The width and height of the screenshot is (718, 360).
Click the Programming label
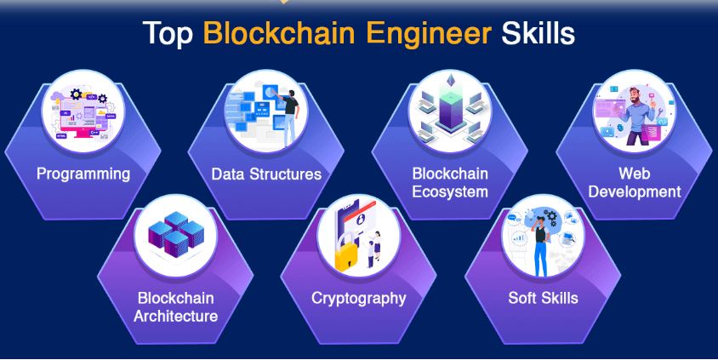click(83, 174)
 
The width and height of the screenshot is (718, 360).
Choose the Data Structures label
click(266, 174)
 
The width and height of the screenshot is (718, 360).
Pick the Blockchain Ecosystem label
click(450, 182)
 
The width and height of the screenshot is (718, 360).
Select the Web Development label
click(635, 182)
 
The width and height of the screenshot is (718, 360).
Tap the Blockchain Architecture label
click(175, 307)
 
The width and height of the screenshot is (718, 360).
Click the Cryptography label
click(358, 299)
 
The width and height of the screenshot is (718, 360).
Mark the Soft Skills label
click(543, 299)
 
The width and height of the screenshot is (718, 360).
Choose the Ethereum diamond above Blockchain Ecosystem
click(449, 89)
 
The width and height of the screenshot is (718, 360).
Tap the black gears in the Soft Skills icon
click(552, 218)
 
